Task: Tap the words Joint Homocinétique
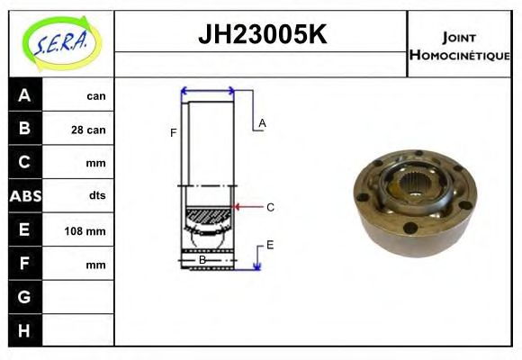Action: (459, 45)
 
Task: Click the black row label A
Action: (24, 95)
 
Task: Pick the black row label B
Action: (24, 129)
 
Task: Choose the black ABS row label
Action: (24, 195)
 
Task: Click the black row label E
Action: (24, 229)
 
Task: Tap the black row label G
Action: (24, 296)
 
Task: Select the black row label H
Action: (24, 329)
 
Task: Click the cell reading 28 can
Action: (88, 130)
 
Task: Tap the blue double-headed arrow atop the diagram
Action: (208, 91)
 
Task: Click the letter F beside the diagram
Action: (173, 133)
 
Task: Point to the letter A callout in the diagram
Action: (262, 122)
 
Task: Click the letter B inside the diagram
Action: (202, 259)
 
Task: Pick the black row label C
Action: (24, 162)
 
